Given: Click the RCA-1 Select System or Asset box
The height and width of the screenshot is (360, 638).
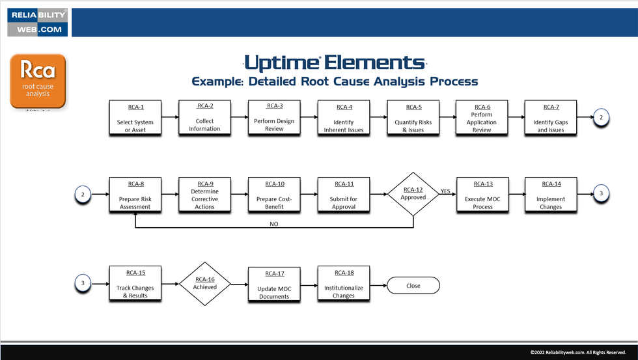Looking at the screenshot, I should [x=135, y=118].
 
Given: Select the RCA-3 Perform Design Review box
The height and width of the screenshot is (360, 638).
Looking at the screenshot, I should [x=274, y=118].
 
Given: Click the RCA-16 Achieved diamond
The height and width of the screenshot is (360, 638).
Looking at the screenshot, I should [x=204, y=284].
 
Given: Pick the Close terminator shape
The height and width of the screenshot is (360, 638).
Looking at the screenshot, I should [x=413, y=285].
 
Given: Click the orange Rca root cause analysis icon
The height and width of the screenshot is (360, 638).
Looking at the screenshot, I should [x=38, y=81].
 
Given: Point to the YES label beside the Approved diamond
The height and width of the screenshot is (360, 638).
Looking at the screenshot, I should [x=445, y=191].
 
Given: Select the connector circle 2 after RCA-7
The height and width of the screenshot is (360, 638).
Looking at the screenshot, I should [x=601, y=117].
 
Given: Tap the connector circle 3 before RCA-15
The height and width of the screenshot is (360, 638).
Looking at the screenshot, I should [x=83, y=283].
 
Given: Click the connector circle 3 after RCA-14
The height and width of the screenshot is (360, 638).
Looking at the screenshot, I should [x=601, y=193].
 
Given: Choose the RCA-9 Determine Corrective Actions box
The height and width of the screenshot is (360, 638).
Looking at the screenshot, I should [x=204, y=195].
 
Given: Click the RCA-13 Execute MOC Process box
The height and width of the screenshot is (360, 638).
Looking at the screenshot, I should [x=482, y=195].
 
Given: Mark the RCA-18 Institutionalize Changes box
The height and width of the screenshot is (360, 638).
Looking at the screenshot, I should [x=344, y=284].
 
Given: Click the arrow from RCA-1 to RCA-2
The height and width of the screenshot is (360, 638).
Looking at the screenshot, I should [x=170, y=118].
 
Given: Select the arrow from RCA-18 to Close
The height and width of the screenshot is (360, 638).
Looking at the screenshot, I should [x=378, y=284].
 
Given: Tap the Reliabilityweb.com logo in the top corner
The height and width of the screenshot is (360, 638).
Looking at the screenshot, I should [x=36, y=22].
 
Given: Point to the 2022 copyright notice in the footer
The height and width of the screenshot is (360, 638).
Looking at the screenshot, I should [x=577, y=352].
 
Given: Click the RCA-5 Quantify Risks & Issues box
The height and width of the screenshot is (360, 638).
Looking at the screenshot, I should [x=413, y=118].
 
